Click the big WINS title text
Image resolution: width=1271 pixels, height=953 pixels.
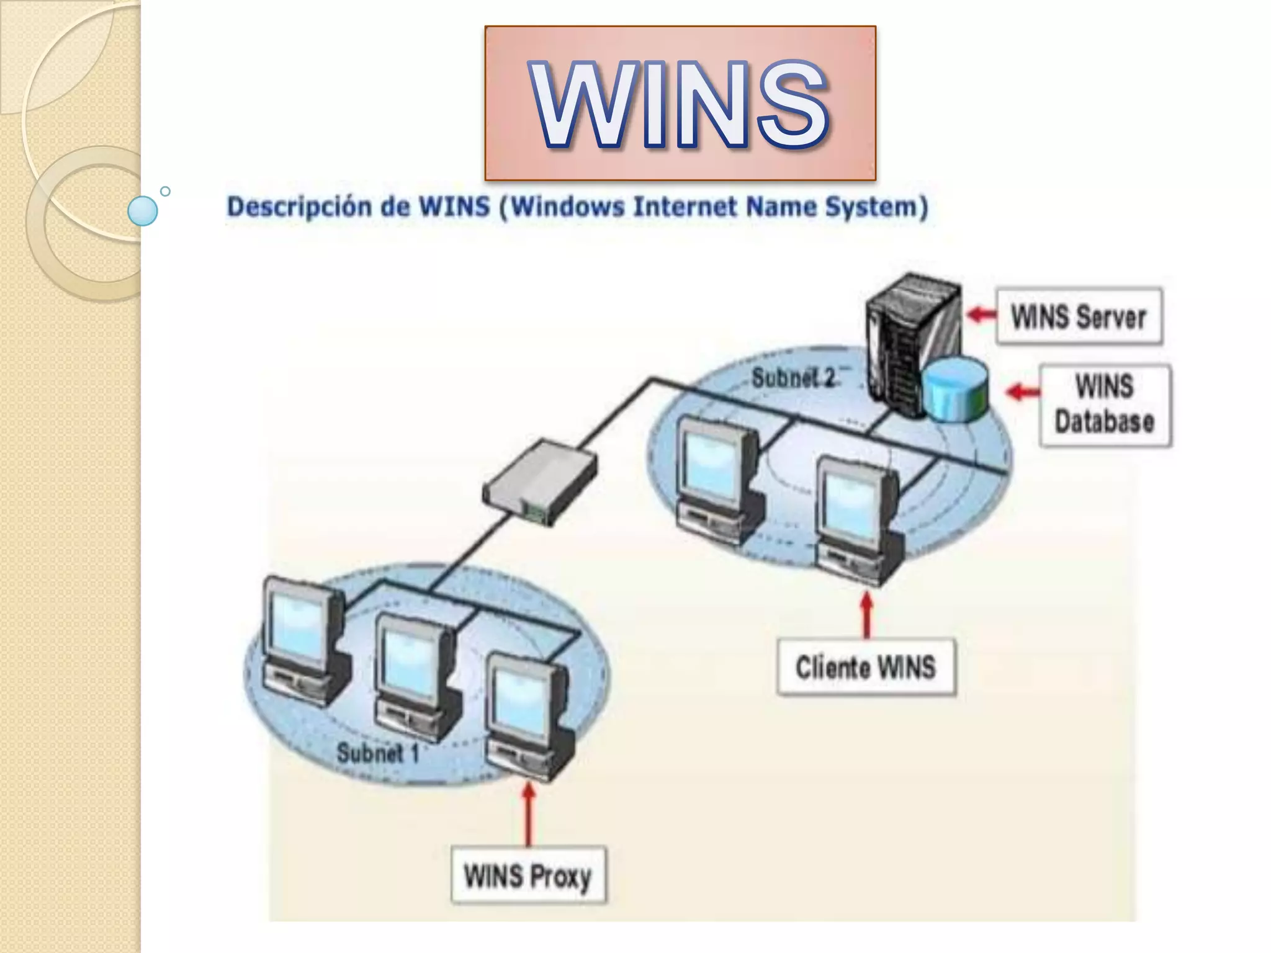tap(680, 104)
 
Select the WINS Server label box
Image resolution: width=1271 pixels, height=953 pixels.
tap(1079, 316)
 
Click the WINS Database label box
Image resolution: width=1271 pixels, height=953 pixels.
tap(1105, 405)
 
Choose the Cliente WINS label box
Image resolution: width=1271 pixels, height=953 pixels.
tap(866, 667)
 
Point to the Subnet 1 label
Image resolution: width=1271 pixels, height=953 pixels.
tap(377, 753)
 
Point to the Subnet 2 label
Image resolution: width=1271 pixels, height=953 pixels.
tap(793, 377)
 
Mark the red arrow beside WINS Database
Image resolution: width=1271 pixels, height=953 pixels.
tap(1022, 391)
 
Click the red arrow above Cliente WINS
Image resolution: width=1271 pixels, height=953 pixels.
tap(867, 614)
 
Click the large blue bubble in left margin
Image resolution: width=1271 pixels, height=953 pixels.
tap(143, 210)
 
